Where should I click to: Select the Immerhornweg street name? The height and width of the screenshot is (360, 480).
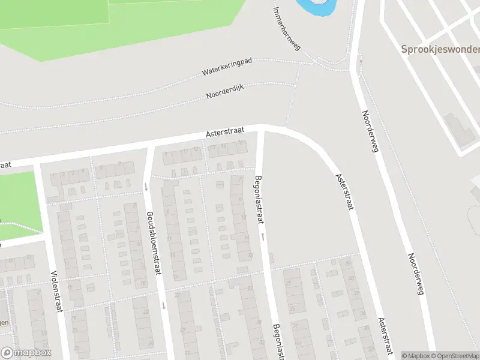point(286,28)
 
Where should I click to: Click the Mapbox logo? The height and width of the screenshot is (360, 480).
point(26,353)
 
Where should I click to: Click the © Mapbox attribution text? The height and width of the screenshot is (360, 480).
point(416,356)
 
